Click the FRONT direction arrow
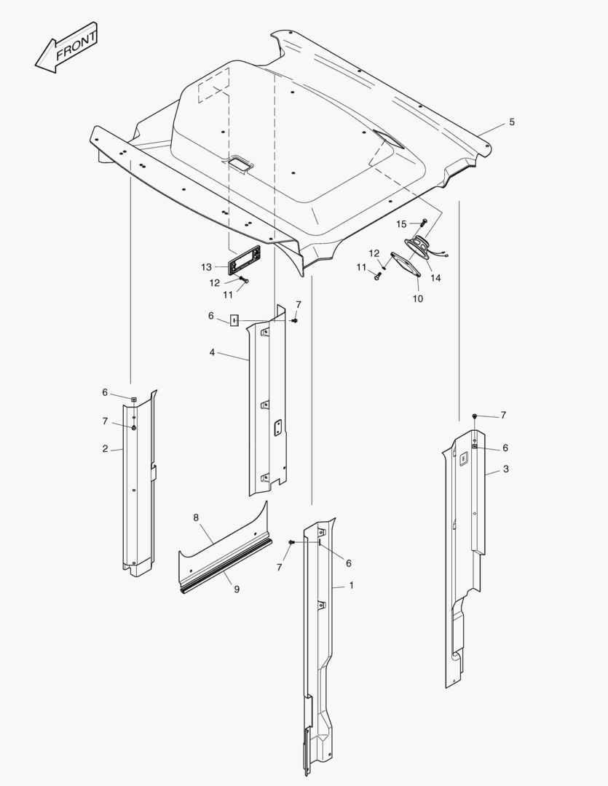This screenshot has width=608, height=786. click(66, 47)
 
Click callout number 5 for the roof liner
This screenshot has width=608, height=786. click(512, 122)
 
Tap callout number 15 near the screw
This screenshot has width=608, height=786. click(401, 224)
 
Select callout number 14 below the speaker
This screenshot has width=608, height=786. click(436, 278)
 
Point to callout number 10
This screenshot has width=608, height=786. click(418, 299)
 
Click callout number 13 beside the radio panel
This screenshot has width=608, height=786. click(206, 267)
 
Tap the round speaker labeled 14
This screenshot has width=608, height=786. click(418, 248)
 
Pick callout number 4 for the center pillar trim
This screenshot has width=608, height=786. click(212, 353)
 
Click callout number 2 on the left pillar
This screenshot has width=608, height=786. click(105, 448)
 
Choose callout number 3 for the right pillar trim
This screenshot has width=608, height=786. click(505, 469)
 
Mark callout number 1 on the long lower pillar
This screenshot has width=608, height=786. click(351, 585)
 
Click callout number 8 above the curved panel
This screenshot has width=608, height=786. click(196, 517)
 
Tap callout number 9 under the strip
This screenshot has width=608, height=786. click(237, 589)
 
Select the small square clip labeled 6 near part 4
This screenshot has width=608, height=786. click(234, 320)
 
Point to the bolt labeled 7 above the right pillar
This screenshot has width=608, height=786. click(475, 416)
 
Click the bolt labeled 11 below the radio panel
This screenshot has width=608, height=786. click(246, 282)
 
